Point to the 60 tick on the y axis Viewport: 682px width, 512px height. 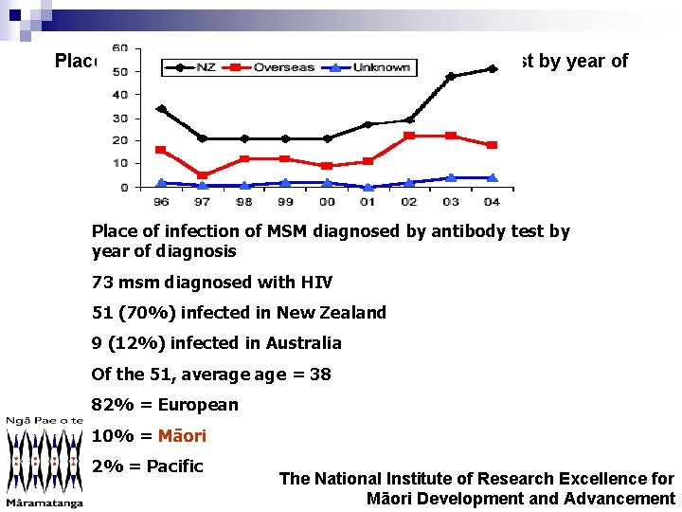coord(120,48)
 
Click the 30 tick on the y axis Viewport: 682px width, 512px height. coord(120,118)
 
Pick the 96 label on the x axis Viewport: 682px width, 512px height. coord(161,201)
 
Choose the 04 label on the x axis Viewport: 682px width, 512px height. coord(491,201)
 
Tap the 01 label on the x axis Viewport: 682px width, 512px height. coord(368,201)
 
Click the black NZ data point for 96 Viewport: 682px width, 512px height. coord(161,109)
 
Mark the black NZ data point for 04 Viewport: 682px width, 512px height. coord(491,69)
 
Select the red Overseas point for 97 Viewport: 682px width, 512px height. coord(203,175)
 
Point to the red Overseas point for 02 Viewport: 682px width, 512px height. coord(409,136)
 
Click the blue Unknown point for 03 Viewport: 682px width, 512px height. coord(450,177)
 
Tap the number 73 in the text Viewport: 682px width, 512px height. coord(101,283)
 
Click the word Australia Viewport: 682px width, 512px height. coord(305,343)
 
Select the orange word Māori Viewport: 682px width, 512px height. coord(182,436)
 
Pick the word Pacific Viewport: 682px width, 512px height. coord(175,466)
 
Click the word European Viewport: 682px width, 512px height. coord(198,405)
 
